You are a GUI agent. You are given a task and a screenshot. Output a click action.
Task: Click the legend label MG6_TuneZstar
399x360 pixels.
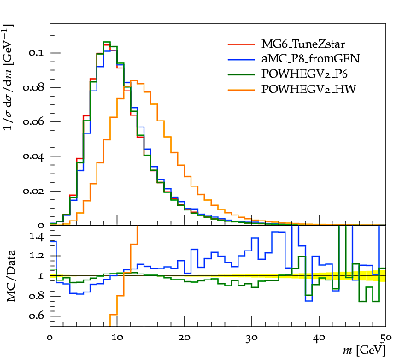point(303,44)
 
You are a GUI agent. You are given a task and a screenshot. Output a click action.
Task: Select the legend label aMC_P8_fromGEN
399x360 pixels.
point(310,59)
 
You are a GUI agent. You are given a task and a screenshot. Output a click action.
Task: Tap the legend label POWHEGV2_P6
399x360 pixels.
point(304,74)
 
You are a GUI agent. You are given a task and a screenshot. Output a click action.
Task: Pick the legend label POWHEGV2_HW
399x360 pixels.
point(308,90)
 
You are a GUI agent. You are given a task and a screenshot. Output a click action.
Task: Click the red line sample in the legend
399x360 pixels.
point(241,44)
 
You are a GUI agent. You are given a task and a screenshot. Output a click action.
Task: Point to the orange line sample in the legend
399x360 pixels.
point(241,90)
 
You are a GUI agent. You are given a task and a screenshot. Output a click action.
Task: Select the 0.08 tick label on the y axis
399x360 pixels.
point(32,87)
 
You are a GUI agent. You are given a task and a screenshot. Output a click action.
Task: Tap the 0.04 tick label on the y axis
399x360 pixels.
point(32,156)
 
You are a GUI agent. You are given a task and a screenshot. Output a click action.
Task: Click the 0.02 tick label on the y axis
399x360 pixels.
point(32,191)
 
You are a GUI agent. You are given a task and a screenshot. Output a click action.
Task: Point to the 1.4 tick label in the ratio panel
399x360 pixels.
point(37,237)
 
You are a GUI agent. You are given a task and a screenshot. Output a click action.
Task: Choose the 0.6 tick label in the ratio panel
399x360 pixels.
point(36,316)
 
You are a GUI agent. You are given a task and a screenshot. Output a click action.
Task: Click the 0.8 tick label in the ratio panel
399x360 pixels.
point(36,296)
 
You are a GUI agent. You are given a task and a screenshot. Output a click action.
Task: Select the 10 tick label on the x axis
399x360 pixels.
point(117,338)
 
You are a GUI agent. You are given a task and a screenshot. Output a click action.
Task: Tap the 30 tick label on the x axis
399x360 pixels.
point(252,338)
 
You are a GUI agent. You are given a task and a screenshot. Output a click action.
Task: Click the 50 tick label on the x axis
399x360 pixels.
point(386,338)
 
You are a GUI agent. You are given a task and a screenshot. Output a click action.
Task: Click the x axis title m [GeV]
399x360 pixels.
point(364,351)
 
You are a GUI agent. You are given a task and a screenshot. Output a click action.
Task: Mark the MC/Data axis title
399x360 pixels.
point(10,276)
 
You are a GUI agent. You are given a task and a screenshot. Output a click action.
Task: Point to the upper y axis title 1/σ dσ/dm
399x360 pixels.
point(9,78)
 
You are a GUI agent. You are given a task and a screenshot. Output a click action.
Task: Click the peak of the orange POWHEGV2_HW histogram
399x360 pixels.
point(134,80)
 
